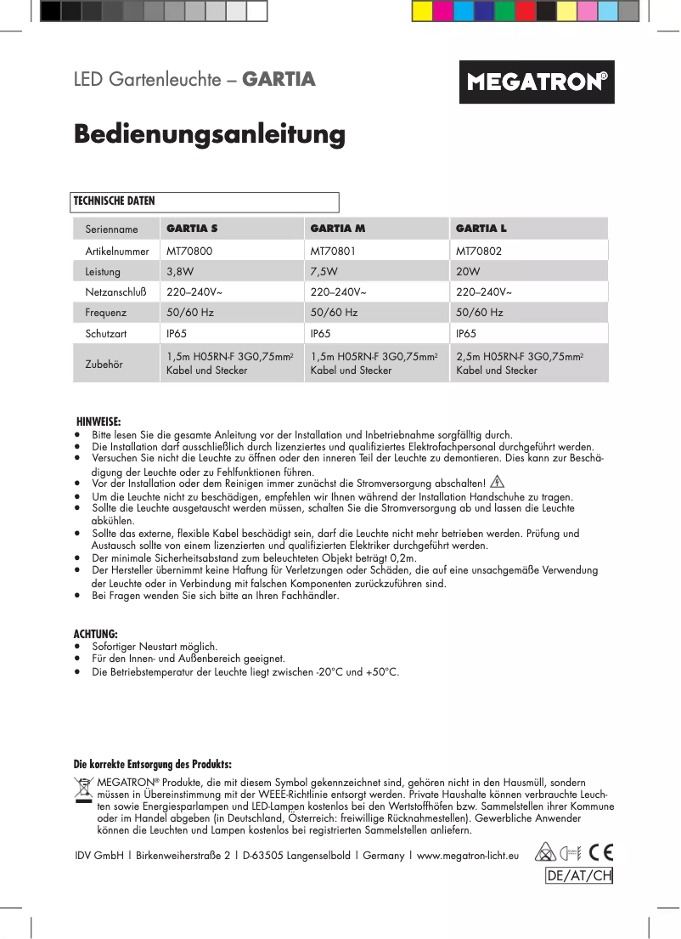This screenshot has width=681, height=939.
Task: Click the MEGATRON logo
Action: pos(537,82)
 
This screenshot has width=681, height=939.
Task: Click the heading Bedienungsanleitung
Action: pos(209,134)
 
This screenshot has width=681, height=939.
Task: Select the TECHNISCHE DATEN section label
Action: pos(115,201)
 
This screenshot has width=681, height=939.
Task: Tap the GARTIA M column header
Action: pos(338,229)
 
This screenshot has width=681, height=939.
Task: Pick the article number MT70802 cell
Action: pos(479,252)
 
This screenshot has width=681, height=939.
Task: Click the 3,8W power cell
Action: pos(180,272)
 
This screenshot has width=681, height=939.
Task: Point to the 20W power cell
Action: pos(468,272)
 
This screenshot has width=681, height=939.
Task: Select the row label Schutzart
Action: pos(106,334)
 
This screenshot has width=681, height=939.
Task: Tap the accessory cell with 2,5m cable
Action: pos(519,364)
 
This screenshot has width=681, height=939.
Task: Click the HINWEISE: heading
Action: pos(98,421)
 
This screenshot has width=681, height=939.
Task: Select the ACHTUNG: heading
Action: pos(95,634)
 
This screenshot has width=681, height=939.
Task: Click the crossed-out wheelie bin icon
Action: pos(83,790)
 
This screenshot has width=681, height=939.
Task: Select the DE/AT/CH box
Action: pos(578,876)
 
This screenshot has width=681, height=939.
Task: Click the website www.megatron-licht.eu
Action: pos(467,856)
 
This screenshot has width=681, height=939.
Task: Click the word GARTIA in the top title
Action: pos(279,80)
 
